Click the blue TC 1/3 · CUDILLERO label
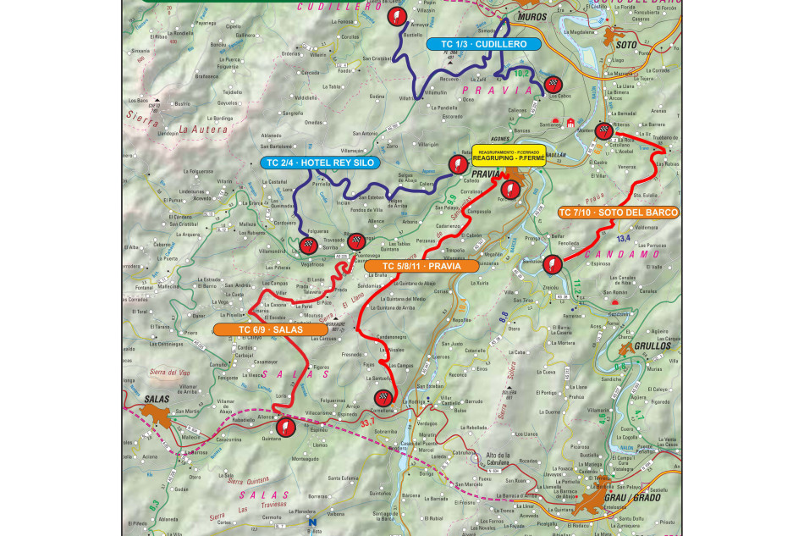click(x=477, y=44)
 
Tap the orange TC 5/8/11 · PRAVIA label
click(x=421, y=266)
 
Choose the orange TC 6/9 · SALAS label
click(x=258, y=329)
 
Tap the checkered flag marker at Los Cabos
click(x=553, y=83)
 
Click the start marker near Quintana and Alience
click(x=286, y=427)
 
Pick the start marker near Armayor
click(x=394, y=15)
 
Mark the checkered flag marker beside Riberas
click(x=603, y=130)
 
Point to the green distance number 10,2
click(x=522, y=75)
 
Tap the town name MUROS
click(x=530, y=16)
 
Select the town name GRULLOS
click(x=650, y=346)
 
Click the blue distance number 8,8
click(x=503, y=315)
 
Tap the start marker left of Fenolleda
click(x=551, y=263)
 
